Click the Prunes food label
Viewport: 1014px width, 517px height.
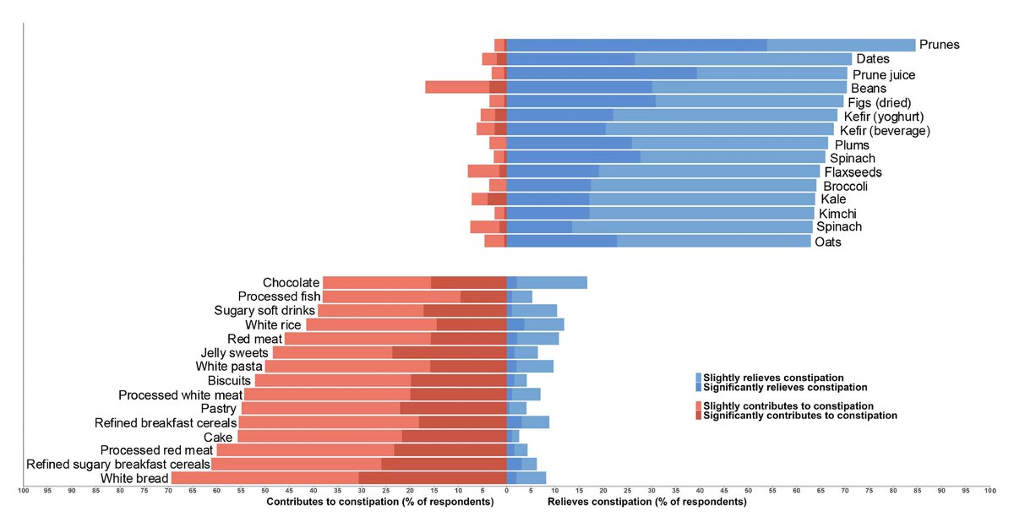[x=939, y=45]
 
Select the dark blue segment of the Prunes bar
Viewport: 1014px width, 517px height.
[x=636, y=45]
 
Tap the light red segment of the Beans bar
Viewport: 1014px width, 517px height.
[x=457, y=87]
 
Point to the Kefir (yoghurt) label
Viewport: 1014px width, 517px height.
[x=884, y=116]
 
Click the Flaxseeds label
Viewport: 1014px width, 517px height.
[x=853, y=172]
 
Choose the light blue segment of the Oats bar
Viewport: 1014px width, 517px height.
[x=713, y=241]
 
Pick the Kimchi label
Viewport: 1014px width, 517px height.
[x=837, y=214]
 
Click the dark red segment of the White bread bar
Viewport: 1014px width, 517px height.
[x=432, y=478]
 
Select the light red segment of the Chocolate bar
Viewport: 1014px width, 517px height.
[x=377, y=283]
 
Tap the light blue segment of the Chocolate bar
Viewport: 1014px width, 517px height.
[x=552, y=283]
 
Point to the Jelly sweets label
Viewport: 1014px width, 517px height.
[x=235, y=352]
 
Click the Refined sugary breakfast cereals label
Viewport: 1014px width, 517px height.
[x=118, y=464]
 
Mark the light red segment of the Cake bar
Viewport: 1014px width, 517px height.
[x=319, y=436]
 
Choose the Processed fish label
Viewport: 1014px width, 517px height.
[x=279, y=297]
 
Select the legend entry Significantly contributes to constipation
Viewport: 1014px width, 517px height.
[x=799, y=416]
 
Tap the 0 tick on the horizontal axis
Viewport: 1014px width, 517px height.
[x=506, y=491]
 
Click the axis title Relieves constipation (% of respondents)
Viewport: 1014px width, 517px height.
[x=646, y=503]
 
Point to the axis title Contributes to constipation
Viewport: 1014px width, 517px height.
[x=379, y=503]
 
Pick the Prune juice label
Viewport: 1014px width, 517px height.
[x=883, y=74]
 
